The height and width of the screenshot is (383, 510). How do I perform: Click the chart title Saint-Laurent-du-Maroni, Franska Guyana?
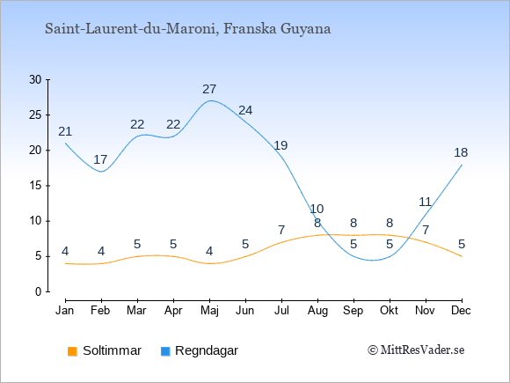point(187,29)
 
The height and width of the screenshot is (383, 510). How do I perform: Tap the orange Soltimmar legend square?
point(72,351)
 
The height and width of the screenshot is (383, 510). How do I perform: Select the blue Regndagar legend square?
point(165,351)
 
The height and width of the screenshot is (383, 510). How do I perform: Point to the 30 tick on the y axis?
point(47,79)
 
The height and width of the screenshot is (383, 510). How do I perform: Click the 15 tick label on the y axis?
point(35,186)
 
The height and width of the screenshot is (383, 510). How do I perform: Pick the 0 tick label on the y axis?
point(39,291)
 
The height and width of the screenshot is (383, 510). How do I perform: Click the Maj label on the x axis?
point(209,311)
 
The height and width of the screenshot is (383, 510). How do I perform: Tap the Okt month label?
point(390,311)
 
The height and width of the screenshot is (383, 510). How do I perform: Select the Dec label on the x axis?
point(461,311)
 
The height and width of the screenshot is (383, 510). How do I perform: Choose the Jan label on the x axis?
point(65,311)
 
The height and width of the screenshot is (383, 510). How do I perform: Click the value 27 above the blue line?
point(209,89)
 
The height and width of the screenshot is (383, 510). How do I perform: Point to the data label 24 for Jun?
point(245,110)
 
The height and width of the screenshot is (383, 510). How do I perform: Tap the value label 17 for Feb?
point(100,159)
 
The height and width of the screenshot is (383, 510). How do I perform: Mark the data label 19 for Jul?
point(280,145)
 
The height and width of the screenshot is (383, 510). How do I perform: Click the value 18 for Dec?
point(461,152)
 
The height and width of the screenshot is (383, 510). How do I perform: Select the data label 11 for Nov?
point(425,203)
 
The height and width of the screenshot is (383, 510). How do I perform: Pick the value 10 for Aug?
point(317,209)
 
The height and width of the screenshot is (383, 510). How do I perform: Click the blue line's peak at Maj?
point(210,100)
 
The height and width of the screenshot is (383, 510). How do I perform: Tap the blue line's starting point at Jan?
point(65,143)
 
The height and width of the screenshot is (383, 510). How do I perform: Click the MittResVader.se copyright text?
point(416,350)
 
